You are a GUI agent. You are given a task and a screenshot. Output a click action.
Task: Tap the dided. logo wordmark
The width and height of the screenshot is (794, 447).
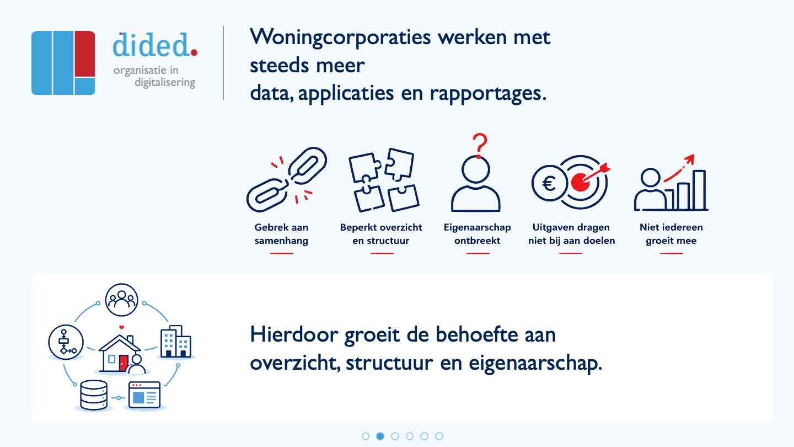[x=155, y=45]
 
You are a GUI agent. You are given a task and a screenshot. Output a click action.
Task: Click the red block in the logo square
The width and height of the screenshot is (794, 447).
[x=85, y=54]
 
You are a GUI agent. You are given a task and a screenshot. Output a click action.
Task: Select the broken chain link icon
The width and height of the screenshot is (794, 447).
[x=286, y=179]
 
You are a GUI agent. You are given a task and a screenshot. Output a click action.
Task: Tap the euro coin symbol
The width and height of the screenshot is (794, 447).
[x=549, y=183]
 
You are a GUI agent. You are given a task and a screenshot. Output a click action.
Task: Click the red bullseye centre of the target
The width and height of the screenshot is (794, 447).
[x=580, y=183]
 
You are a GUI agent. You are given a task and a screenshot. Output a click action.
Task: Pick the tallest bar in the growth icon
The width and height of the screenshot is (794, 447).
[x=699, y=190]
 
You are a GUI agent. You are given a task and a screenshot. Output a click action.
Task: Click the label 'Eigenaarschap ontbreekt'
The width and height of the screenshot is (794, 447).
[x=477, y=234]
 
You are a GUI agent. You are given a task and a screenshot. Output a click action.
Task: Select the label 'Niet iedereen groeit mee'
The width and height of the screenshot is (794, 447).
[x=671, y=234]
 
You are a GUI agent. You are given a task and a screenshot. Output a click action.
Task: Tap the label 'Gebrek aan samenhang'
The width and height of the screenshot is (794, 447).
[x=281, y=234]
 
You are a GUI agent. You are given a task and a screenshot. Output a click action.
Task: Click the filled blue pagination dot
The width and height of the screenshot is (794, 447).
[x=380, y=436]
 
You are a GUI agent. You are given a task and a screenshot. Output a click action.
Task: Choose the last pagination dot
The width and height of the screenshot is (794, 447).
[x=439, y=436]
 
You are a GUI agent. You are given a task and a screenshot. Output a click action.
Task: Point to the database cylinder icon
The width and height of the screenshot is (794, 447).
[x=94, y=395]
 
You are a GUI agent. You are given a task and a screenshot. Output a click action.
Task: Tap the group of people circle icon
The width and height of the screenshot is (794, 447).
[x=121, y=300]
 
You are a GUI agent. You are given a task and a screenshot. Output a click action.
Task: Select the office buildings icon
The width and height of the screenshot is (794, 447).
[x=175, y=341]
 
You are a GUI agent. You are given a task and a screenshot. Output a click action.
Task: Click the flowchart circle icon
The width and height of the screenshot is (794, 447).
[x=66, y=342]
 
